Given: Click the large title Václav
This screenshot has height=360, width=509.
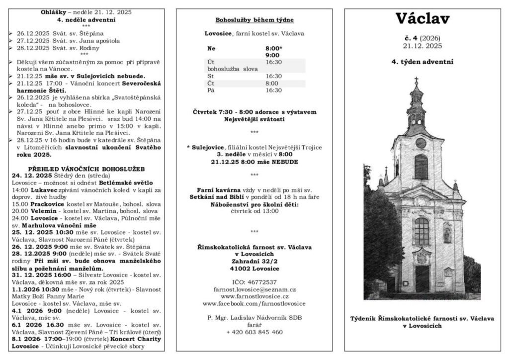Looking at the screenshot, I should coord(423,19).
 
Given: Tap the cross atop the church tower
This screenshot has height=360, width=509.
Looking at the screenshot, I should coord(416,80).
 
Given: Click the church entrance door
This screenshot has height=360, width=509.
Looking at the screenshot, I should coord(422,278).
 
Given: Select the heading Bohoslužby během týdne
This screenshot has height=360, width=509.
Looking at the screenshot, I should coord(254,20).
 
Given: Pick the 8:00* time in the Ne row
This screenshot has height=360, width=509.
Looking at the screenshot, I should coord(274,49).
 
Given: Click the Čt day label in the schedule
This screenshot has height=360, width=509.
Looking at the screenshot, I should coord(211,83).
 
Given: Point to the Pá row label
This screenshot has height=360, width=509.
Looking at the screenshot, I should coord(210,90).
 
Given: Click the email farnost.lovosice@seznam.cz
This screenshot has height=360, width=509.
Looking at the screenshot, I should coord(254,289).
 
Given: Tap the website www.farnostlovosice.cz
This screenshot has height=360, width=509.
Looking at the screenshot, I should coord(254,296).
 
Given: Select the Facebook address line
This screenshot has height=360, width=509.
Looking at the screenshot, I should coord(254,303).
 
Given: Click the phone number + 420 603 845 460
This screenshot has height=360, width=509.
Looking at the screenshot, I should coord(254,332).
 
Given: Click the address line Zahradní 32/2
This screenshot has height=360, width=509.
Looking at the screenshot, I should coord(254,260).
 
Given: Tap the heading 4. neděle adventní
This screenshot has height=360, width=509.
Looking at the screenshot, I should coord(86,20).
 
